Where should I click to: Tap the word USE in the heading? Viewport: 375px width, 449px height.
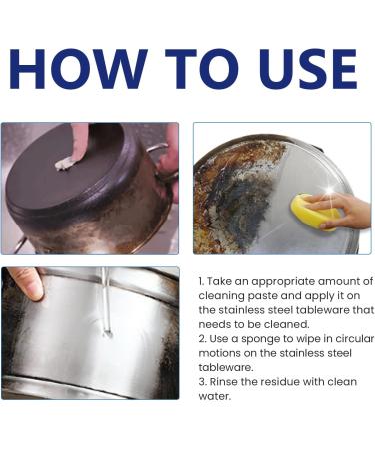click(308, 69)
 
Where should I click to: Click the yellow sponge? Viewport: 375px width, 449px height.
click(314, 212)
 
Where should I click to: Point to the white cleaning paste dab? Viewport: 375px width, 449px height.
click(65, 163)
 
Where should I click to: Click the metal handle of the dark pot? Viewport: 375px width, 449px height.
click(162, 163)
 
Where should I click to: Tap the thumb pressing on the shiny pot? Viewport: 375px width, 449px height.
click(27, 283)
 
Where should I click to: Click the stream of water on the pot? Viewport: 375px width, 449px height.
click(106, 301)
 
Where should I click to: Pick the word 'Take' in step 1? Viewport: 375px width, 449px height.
click(219, 281)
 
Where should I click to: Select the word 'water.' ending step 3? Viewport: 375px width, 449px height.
click(215, 396)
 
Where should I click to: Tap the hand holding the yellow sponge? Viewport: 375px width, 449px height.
click(338, 210)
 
